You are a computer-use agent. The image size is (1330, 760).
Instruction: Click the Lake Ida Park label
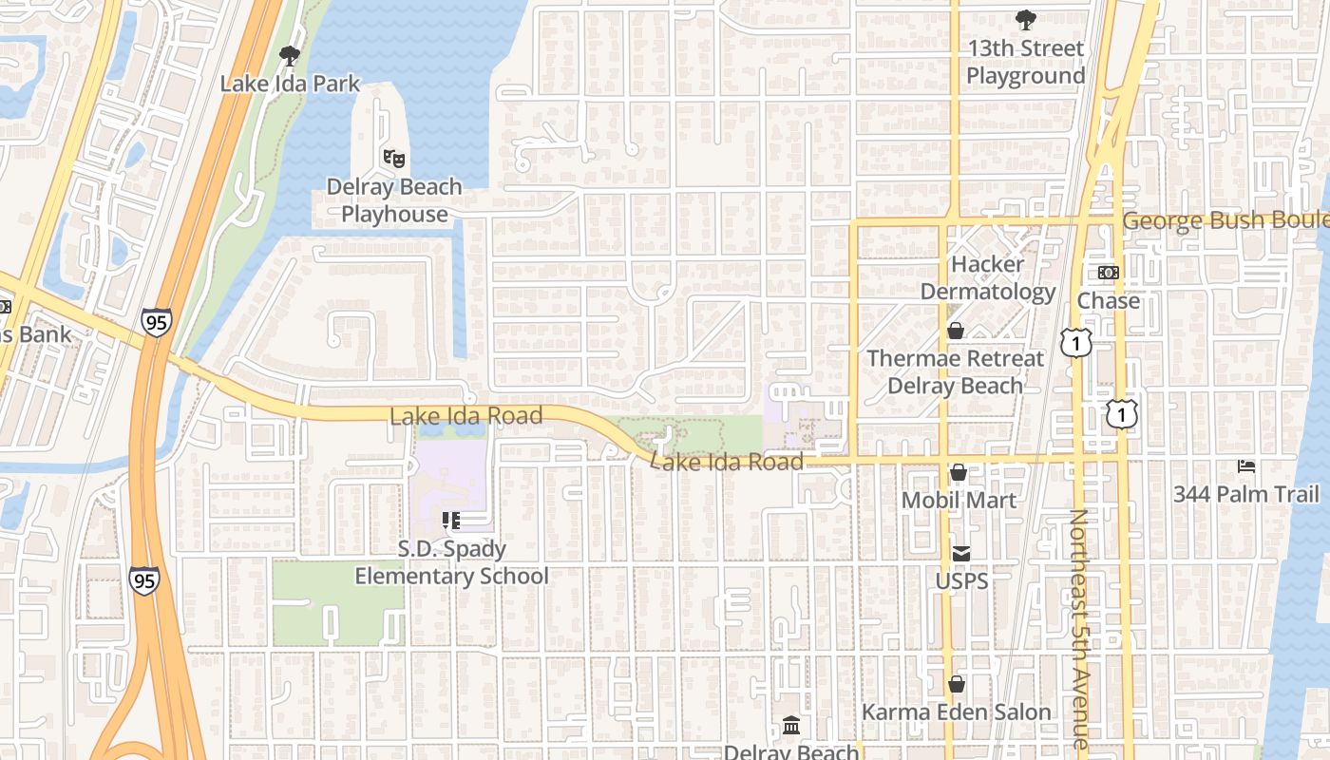290,84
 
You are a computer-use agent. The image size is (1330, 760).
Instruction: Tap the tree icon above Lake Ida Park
290,56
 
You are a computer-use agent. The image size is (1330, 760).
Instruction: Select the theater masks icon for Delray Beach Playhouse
393,158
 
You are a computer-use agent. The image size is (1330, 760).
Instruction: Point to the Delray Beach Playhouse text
394,200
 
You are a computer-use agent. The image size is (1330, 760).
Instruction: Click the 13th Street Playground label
1025,62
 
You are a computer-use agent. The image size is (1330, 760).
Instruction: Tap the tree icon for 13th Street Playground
1025,19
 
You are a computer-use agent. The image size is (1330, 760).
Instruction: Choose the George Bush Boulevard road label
1225,220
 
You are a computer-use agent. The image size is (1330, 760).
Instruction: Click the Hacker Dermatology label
988,277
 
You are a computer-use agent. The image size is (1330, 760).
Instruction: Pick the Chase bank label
1108,300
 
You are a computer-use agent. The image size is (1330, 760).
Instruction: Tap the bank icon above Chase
1108,273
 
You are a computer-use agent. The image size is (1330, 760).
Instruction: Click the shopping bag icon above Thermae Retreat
955,331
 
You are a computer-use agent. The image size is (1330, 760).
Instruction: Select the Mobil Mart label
959,500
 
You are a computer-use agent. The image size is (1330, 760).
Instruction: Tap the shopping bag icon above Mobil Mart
959,472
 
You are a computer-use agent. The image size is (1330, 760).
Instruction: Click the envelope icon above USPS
961,553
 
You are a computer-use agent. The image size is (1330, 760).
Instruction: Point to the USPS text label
961,580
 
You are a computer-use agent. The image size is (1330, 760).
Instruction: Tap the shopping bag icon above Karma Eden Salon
956,684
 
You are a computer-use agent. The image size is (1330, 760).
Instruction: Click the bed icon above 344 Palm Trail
1245,466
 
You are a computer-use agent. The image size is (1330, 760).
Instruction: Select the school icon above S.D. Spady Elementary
451,521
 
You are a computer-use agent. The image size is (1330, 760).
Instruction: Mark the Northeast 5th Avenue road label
1081,627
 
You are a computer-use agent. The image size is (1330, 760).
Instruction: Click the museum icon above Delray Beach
791,727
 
